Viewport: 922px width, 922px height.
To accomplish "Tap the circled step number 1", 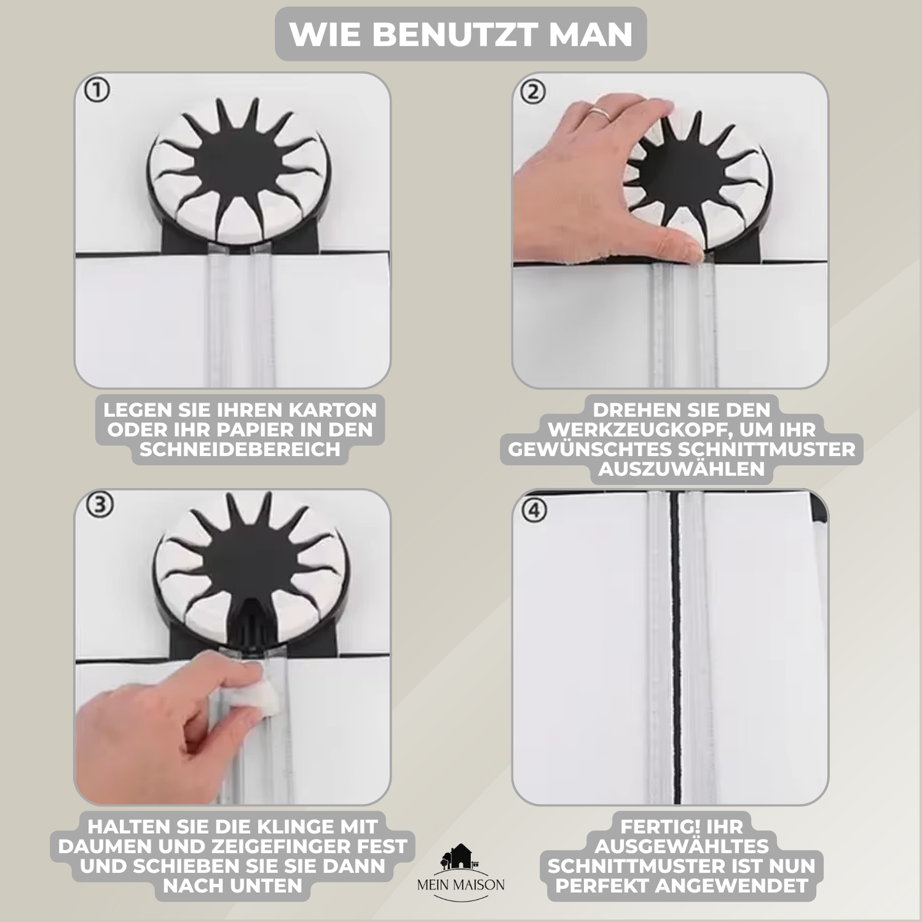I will pos(97,90).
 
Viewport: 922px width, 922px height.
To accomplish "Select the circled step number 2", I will pos(533,92).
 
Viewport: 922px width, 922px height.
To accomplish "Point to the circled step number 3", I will pos(100,505).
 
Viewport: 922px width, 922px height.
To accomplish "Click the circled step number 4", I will pos(534,510).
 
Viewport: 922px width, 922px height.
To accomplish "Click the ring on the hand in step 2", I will pos(600,114).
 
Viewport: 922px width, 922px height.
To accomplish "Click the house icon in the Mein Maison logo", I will pos(460,856).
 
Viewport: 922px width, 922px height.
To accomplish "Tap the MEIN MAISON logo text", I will pos(461,885).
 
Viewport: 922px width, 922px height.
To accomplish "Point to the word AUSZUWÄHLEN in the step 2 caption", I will pos(681,469).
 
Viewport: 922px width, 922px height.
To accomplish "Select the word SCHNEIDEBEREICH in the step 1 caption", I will pos(239,449).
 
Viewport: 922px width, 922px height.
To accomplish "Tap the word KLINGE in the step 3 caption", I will pos(295,827).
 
